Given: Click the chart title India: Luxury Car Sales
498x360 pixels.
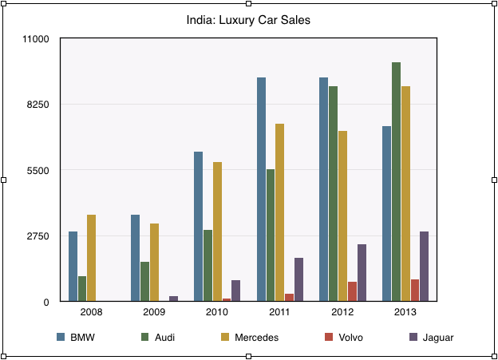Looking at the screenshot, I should click(248, 20).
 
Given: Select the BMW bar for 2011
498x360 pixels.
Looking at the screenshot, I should click(261, 189).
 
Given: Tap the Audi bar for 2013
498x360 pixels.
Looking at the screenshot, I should click(396, 181).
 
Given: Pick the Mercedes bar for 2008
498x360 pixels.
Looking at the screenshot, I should click(91, 258).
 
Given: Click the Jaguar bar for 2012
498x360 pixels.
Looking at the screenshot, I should click(362, 272).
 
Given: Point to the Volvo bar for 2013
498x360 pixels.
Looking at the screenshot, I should click(415, 290).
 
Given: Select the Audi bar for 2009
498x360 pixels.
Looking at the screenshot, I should click(144, 281).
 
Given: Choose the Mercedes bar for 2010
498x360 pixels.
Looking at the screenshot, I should click(217, 231).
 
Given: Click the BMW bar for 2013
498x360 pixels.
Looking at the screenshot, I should click(386, 213).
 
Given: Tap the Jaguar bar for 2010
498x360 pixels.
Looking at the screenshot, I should click(235, 291).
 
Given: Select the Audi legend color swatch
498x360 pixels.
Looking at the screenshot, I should click(145, 338).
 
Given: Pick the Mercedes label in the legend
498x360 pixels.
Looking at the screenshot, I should click(256, 338).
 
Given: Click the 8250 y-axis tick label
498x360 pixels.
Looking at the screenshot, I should click(38, 105).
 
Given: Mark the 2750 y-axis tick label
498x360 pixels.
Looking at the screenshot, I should click(38, 236).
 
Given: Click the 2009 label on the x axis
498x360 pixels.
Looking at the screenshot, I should click(154, 312).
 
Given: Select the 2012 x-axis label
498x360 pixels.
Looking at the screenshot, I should click(342, 312).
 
